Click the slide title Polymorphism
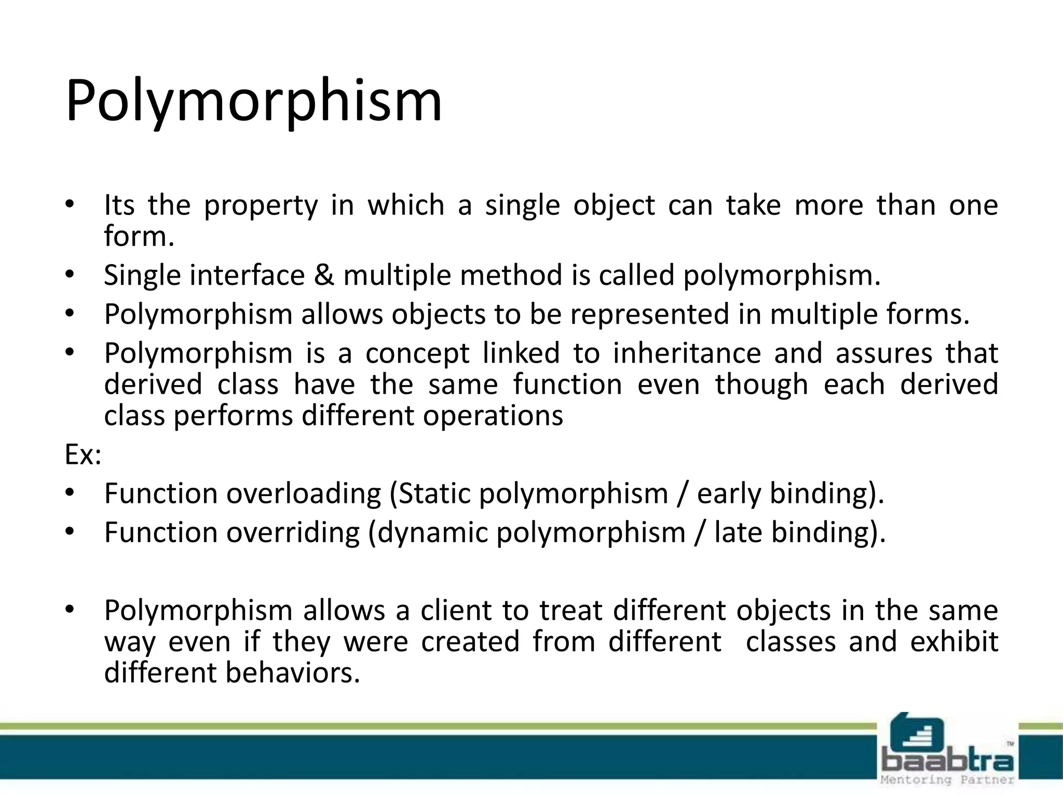[x=253, y=101]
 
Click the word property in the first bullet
[x=260, y=205]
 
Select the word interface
[x=247, y=275]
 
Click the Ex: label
[x=83, y=455]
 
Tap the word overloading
[x=304, y=494]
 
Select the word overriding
[x=293, y=533]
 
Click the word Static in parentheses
[x=433, y=494]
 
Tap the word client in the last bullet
[x=455, y=611]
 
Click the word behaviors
[x=293, y=673]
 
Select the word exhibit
[x=954, y=642]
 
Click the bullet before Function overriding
[x=71, y=532]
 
